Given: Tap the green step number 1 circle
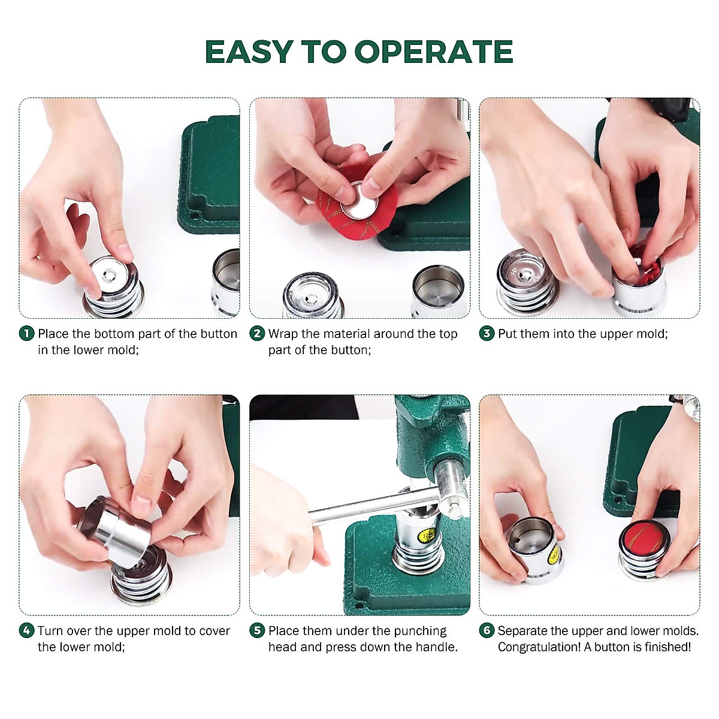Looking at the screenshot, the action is (26, 333).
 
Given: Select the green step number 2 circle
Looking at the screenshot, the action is (256, 333).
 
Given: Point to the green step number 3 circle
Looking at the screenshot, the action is (487, 333).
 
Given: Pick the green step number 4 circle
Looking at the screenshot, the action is (26, 630).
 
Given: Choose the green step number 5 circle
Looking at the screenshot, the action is (256, 630).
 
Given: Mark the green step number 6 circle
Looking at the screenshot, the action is (487, 630).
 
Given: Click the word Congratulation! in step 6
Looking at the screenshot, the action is (539, 647).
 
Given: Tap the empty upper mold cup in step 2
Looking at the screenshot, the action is (439, 291).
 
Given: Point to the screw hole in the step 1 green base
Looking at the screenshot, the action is (194, 216).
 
